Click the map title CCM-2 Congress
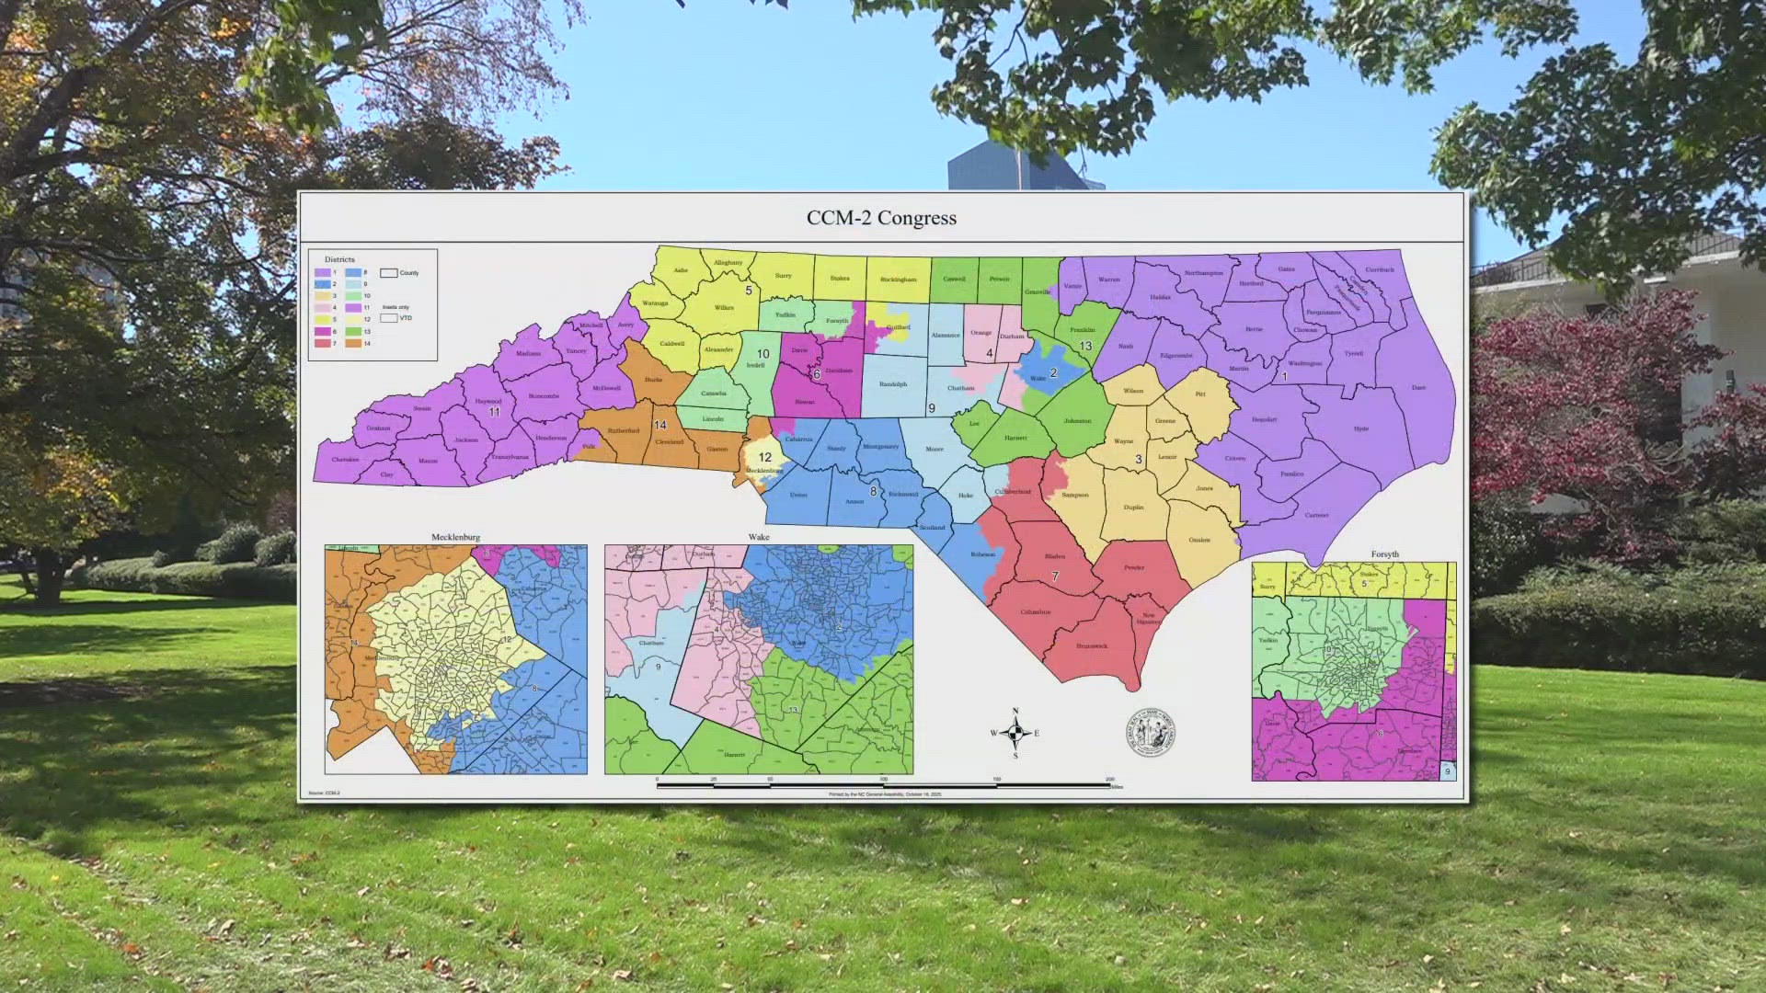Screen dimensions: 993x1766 (x=881, y=218)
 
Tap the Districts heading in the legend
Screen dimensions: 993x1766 (x=339, y=259)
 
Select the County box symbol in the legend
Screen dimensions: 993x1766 (x=389, y=273)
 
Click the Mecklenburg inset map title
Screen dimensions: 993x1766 (x=455, y=537)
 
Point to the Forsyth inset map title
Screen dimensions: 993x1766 (x=1384, y=554)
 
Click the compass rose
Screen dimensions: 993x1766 (x=1015, y=733)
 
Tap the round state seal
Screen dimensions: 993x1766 (x=1151, y=733)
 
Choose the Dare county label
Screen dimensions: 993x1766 (x=1418, y=388)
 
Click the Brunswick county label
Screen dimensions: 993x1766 (x=1092, y=646)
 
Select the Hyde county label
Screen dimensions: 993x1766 (x=1361, y=428)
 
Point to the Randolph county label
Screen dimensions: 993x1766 (x=892, y=384)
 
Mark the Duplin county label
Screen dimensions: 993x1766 (x=1133, y=508)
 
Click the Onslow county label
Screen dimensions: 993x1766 (x=1199, y=540)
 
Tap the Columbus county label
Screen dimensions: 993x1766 (x=1035, y=612)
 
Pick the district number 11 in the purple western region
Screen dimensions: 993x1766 (x=494, y=412)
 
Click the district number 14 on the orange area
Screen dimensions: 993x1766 (x=659, y=425)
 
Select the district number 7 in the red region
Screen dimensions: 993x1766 (x=1055, y=576)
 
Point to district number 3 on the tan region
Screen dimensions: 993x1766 (x=1138, y=459)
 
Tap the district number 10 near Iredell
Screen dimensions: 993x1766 (x=763, y=354)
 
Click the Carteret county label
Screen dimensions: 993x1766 (x=1316, y=515)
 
